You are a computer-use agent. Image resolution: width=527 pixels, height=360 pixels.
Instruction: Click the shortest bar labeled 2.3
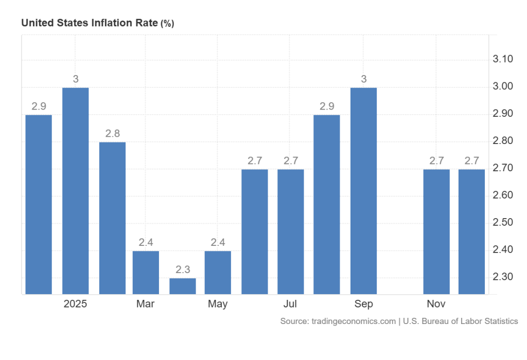coord(183,286)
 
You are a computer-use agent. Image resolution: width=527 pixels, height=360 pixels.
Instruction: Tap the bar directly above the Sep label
coord(363,191)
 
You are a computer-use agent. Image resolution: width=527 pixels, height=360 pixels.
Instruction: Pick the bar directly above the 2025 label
coord(75,191)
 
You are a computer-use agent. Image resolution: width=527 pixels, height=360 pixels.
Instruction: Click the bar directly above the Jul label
coord(291,231)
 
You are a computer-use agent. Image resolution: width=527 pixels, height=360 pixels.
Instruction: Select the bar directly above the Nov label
coord(436,231)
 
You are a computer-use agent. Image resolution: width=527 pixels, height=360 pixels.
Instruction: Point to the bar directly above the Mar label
coord(146,272)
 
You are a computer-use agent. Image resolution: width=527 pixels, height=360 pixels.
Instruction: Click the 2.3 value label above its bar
coord(183,269)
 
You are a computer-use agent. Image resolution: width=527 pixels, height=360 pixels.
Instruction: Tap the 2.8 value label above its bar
coord(112,133)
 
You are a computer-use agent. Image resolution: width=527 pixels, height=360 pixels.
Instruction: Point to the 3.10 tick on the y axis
coord(503,60)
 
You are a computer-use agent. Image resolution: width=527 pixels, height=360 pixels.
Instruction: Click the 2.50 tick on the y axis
coord(503,223)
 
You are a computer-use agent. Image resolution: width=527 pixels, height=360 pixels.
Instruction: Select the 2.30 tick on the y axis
coord(503,277)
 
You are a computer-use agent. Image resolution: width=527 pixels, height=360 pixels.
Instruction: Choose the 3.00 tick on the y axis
coord(503,86)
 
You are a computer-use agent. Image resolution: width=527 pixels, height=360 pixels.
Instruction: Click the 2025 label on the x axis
coord(75,304)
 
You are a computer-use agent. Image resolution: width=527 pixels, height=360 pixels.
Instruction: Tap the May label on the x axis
coord(218,304)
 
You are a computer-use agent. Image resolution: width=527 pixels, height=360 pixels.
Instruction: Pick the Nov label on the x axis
coord(436,304)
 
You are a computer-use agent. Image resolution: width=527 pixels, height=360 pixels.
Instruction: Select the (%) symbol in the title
coord(168,24)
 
